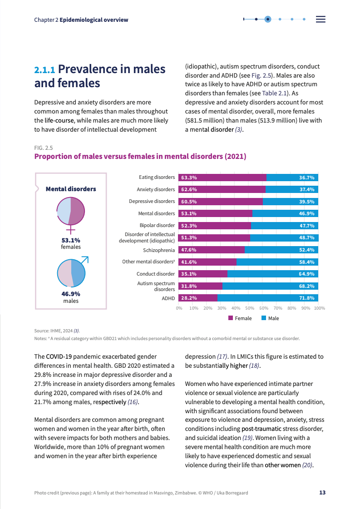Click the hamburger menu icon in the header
point(321,19)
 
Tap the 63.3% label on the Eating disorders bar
point(188,178)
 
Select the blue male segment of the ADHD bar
point(268,298)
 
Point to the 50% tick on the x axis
point(250,308)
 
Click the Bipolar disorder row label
point(157,225)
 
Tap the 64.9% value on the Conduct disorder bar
point(306,274)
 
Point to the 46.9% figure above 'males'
point(71,294)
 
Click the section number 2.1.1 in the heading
point(44,70)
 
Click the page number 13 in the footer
point(322,493)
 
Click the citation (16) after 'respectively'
point(133,402)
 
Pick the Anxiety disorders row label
point(156,189)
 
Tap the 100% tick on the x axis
point(319,308)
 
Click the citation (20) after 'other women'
point(307,465)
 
